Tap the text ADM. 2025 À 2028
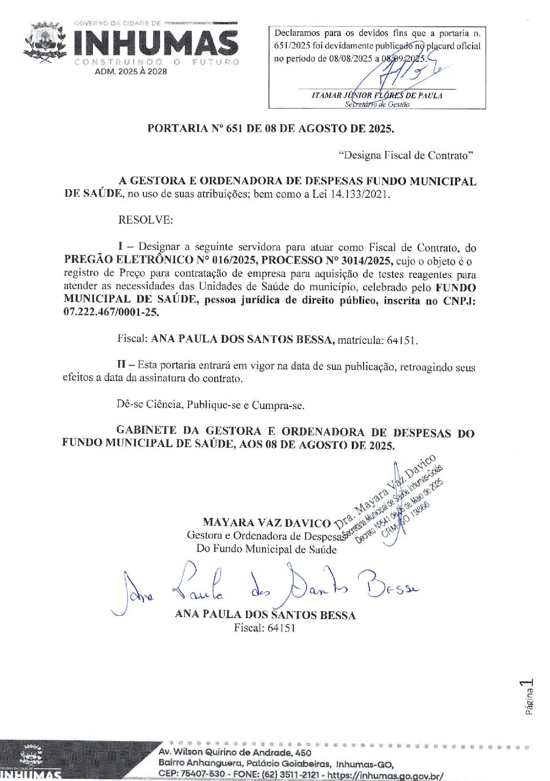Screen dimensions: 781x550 pyautogui.click(x=131, y=71)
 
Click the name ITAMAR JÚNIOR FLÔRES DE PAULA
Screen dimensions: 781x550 pyautogui.click(x=377, y=96)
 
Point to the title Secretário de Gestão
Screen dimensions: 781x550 pyautogui.click(x=377, y=105)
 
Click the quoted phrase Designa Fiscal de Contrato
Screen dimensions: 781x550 pyautogui.click(x=406, y=155)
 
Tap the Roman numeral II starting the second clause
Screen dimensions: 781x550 pyautogui.click(x=122, y=365)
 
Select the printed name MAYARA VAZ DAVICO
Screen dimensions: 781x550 pyautogui.click(x=266, y=522)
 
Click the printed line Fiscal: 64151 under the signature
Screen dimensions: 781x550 pyautogui.click(x=264, y=628)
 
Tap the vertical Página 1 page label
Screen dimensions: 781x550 pyautogui.click(x=529, y=697)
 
